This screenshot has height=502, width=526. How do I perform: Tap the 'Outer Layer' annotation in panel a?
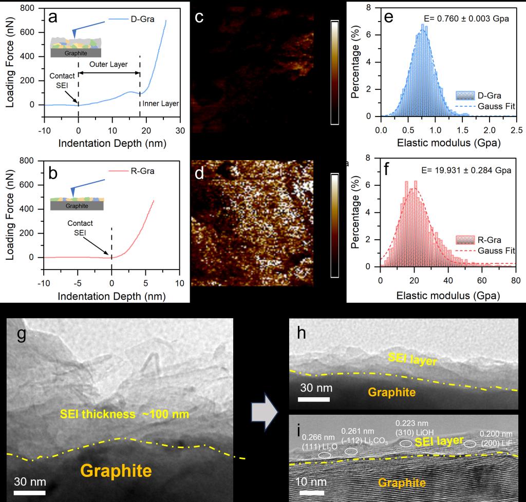coord(108,65)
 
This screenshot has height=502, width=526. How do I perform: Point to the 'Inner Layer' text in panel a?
coord(161,104)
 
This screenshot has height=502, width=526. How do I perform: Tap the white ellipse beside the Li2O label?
coord(325,455)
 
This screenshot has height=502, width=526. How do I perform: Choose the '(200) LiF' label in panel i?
coord(496,442)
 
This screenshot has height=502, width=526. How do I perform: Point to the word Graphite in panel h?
coord(392,393)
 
